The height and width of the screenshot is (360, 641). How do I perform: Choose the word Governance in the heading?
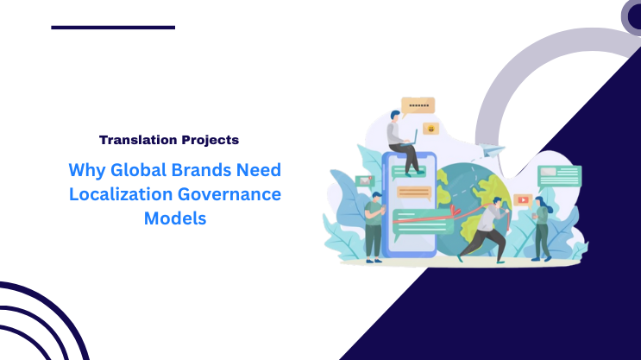(230, 194)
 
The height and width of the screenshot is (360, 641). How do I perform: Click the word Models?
(175, 218)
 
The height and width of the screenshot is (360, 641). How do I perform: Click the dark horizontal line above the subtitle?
(113, 28)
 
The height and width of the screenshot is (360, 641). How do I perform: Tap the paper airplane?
(493, 151)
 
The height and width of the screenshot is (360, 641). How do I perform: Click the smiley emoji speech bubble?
(431, 129)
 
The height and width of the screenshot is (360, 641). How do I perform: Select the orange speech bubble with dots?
(418, 105)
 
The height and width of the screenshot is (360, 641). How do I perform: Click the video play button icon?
(522, 199)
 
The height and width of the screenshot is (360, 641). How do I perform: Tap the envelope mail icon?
(365, 181)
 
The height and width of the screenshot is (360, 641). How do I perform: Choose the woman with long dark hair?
(541, 224)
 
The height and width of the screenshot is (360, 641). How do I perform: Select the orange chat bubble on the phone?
(413, 193)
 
